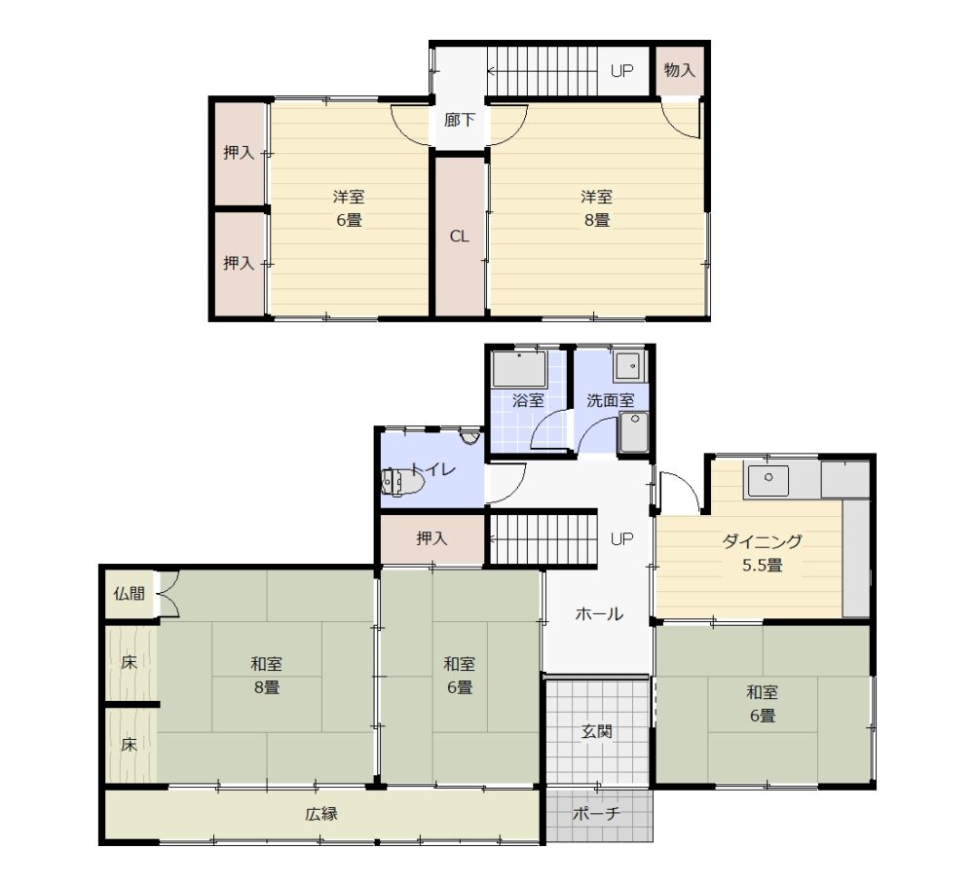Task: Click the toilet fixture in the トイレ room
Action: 402,482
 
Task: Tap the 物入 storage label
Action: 679,70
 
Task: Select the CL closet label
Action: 459,236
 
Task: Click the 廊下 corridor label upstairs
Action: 459,120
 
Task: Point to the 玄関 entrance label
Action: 596,731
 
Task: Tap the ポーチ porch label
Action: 596,814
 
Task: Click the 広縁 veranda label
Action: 321,814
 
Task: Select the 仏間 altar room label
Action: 129,594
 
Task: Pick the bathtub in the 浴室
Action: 519,370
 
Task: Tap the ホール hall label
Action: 599,614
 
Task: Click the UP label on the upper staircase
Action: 621,71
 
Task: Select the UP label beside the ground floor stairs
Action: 621,538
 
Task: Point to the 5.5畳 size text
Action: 763,566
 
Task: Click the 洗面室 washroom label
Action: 611,400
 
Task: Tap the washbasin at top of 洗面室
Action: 630,366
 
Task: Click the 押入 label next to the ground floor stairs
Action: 431,537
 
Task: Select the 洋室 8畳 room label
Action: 596,208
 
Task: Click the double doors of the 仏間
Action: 169,594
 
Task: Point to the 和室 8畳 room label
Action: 267,676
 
